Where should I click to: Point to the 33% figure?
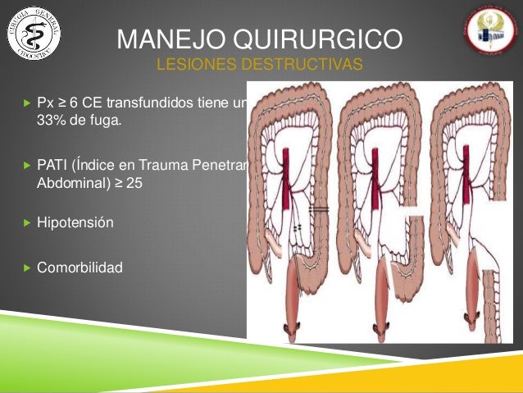[51, 121]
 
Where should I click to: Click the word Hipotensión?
[75, 222]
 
